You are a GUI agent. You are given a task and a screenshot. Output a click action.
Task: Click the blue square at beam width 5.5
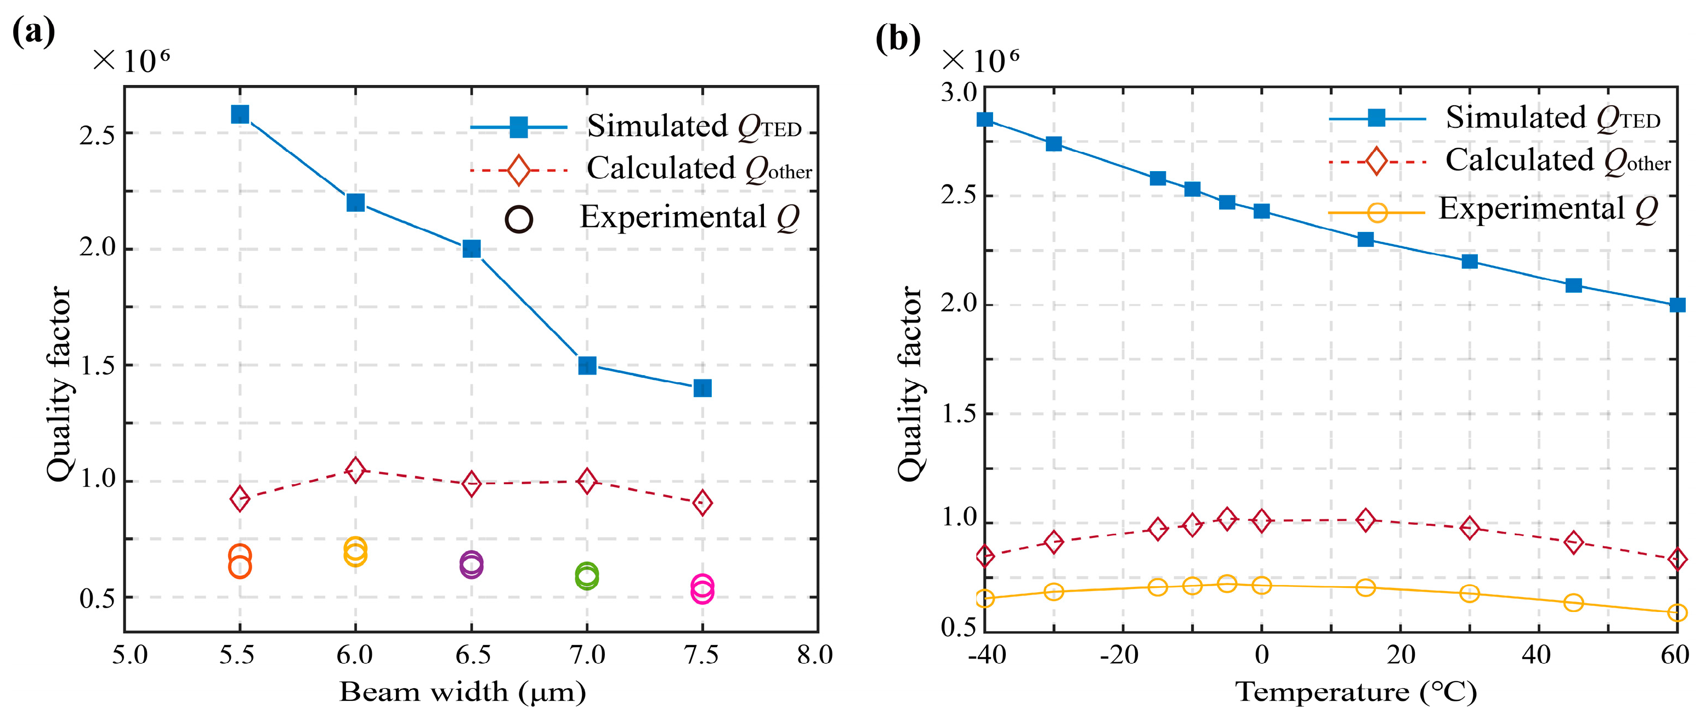point(240,114)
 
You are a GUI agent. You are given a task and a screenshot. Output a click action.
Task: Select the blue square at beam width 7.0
point(587,365)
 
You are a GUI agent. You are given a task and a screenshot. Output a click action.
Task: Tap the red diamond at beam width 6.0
point(355,470)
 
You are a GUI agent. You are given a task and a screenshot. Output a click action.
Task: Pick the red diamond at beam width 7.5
point(702,503)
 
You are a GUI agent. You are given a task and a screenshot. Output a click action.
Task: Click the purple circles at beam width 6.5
point(471,564)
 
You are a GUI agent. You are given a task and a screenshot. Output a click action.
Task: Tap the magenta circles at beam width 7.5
point(702,589)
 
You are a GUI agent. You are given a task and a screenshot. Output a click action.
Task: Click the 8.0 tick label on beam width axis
point(814,655)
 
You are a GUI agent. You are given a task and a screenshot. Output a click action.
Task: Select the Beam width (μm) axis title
point(463,692)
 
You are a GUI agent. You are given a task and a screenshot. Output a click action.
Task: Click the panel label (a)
point(33,32)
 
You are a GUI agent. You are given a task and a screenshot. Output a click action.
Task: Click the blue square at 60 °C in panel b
point(1677,305)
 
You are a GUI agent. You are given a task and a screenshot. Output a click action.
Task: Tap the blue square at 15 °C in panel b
point(1365,239)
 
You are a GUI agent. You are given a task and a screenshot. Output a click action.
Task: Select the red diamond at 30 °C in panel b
point(1469,528)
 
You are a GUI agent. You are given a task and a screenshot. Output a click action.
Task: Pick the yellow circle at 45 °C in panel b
point(1573,603)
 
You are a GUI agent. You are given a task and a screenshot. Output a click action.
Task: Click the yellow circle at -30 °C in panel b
point(1054,591)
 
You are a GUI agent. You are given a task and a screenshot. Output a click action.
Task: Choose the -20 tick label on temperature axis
point(1119,655)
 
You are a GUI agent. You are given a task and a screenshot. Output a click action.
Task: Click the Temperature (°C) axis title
point(1356,692)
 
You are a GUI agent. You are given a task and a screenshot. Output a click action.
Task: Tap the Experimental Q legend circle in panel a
point(519,220)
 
